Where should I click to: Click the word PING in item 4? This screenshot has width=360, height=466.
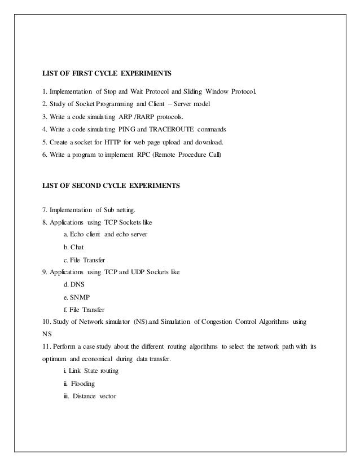(128, 129)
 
